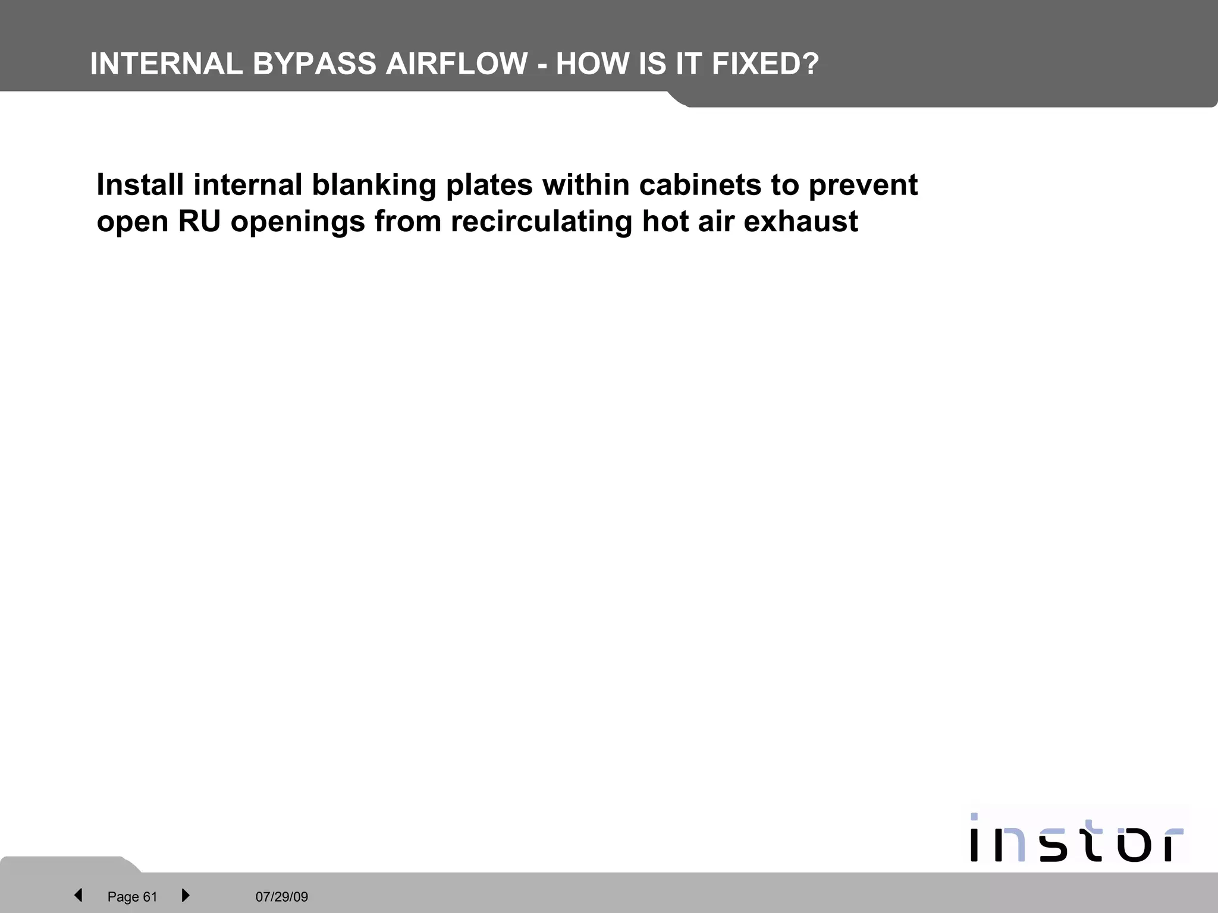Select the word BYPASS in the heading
(x=315, y=64)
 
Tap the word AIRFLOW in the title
(x=457, y=64)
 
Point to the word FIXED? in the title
(x=765, y=64)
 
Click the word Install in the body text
(x=140, y=185)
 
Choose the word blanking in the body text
(x=374, y=185)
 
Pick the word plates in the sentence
(x=489, y=185)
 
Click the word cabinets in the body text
(x=700, y=185)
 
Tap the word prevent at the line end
(x=863, y=185)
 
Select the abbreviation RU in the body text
(x=199, y=222)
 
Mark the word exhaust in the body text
(x=801, y=222)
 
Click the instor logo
(x=1076, y=839)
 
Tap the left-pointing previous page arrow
(x=78, y=895)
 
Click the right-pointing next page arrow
(x=185, y=895)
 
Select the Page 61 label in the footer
(x=132, y=896)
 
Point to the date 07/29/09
(x=282, y=896)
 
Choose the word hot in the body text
(x=664, y=222)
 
